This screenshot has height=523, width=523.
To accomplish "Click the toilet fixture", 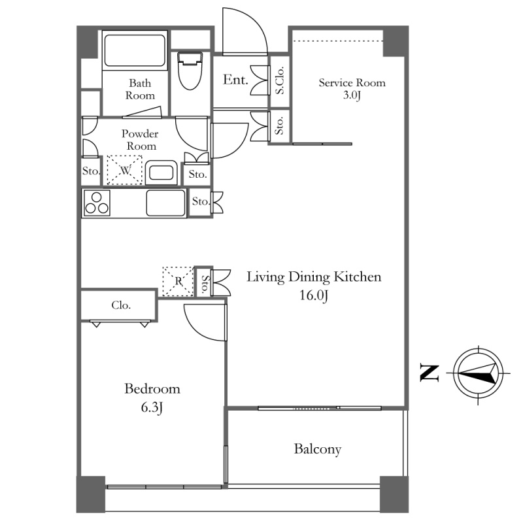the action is click(x=190, y=71).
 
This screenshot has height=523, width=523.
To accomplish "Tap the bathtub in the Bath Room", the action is click(x=135, y=51).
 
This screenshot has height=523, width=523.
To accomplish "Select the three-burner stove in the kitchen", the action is click(x=97, y=203).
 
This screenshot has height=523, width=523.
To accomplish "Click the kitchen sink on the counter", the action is click(x=166, y=203).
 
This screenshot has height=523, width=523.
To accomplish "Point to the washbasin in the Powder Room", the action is click(x=161, y=173).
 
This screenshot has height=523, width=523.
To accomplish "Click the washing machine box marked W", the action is click(x=125, y=170).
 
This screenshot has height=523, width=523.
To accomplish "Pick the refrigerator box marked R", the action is click(x=178, y=281).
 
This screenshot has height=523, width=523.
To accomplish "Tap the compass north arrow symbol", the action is click(x=478, y=373).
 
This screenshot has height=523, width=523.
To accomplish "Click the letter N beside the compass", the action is click(x=430, y=373).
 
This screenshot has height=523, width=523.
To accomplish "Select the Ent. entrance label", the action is click(x=235, y=80).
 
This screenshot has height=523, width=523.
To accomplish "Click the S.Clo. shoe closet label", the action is click(x=280, y=80).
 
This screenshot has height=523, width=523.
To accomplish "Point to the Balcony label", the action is click(x=318, y=449).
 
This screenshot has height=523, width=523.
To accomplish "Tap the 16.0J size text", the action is click(x=314, y=295).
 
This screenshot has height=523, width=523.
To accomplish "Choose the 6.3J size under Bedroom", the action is click(x=152, y=407).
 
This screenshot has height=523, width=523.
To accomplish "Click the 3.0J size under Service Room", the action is click(x=352, y=95).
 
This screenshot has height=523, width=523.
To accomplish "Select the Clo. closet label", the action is click(x=121, y=305).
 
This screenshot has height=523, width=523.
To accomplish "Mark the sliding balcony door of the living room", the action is click(x=320, y=408).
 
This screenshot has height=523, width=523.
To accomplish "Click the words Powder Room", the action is click(x=140, y=140).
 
